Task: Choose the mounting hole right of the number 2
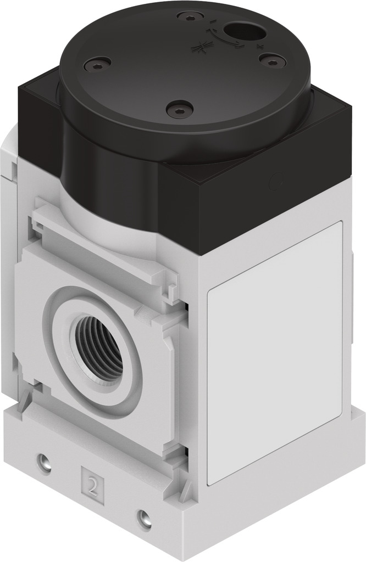coord(143,516)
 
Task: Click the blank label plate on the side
coord(275,351)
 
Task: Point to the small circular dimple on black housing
coord(276,179)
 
